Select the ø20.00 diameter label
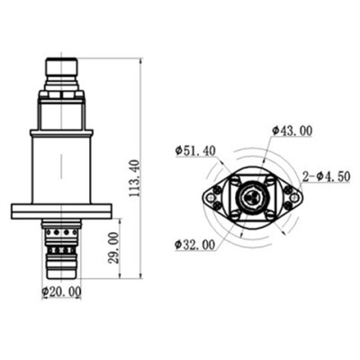click(x=61, y=291)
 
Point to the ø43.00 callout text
click(x=292, y=130)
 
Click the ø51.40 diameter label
click(x=195, y=150)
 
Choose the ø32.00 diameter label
click(x=195, y=244)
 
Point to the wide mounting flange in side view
click(x=61, y=211)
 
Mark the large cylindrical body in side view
click(x=61, y=167)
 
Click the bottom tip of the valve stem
click(x=61, y=272)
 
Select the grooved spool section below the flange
click(x=61, y=242)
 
